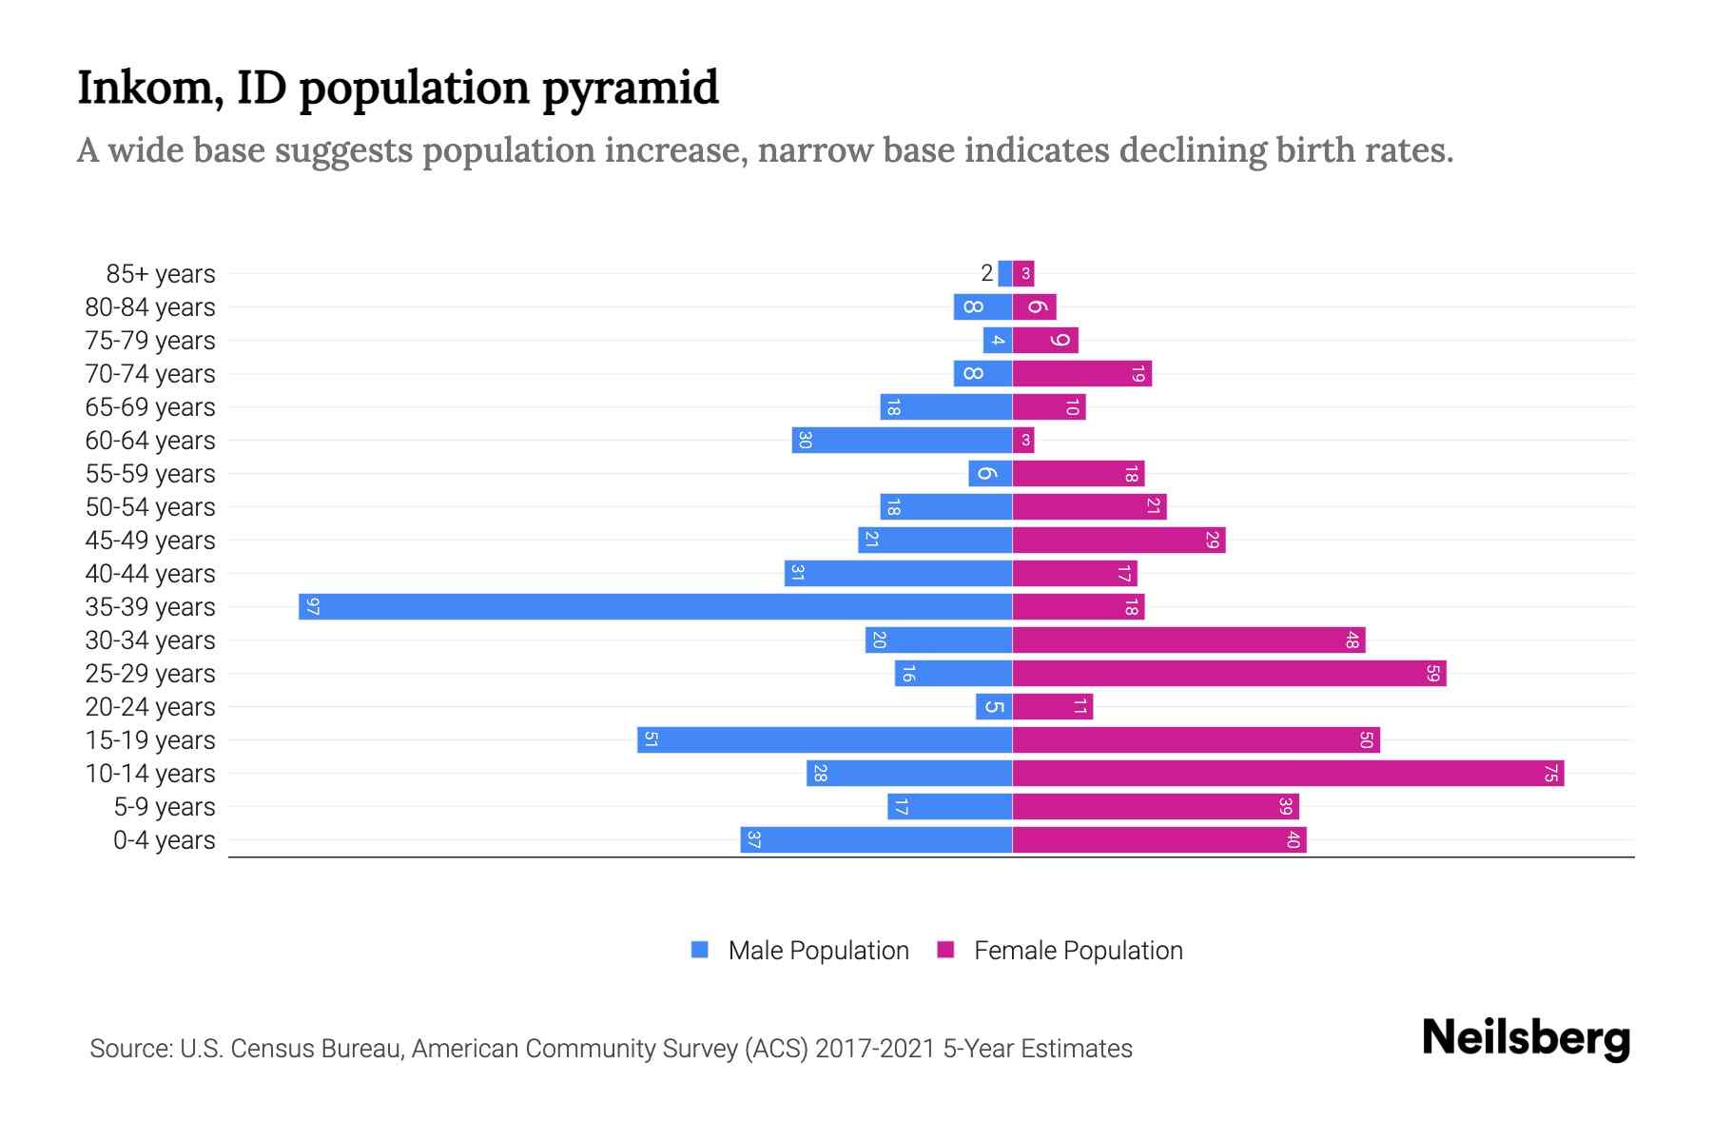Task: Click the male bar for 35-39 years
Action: [654, 607]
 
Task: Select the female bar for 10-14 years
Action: [1288, 774]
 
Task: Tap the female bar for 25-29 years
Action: [1229, 674]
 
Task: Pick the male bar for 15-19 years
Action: [824, 740]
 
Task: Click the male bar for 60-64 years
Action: [902, 441]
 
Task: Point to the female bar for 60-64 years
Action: [1023, 441]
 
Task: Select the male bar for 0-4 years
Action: [876, 840]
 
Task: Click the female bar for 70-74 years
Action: [1081, 374]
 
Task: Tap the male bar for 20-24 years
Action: [994, 707]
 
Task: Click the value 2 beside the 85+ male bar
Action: [986, 274]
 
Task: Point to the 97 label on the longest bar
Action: [313, 607]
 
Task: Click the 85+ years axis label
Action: [161, 274]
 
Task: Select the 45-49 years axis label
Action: [150, 541]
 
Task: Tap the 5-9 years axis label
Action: [165, 807]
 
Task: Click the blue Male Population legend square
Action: [700, 950]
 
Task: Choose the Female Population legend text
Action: [1078, 951]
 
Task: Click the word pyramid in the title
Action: [630, 89]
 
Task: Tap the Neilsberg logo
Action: [1526, 1038]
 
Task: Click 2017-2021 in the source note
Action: [874, 1049]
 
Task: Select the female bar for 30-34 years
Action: [1188, 640]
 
